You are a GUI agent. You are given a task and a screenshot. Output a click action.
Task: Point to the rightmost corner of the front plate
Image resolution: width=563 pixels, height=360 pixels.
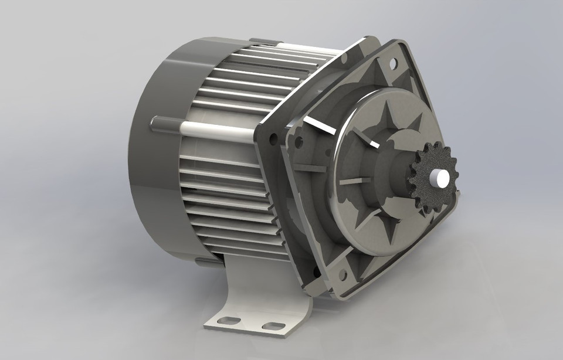461,193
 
